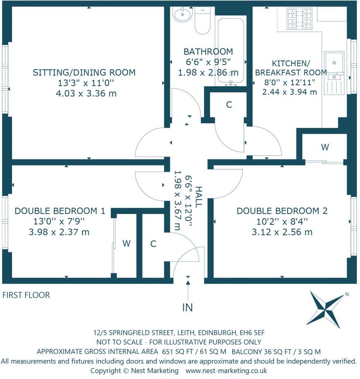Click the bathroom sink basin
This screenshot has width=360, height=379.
pyautogui.click(x=182, y=14)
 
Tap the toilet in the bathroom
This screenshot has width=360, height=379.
pyautogui.click(x=202, y=21)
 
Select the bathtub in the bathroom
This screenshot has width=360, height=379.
pyautogui.click(x=231, y=51)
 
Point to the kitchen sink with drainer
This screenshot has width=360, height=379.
pyautogui.click(x=334, y=73)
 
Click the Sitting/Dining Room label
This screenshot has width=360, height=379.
pyautogui.click(x=84, y=72)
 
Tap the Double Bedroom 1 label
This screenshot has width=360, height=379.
pyautogui.click(x=60, y=211)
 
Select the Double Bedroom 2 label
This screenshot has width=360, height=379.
pyautogui.click(x=282, y=211)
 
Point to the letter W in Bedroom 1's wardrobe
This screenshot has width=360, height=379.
pyautogui.click(x=127, y=243)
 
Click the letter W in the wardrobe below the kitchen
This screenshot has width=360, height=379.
pyautogui.click(x=325, y=147)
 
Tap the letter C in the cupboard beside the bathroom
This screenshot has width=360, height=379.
pyautogui.click(x=229, y=105)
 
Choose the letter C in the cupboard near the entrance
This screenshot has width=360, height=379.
pyautogui.click(x=153, y=244)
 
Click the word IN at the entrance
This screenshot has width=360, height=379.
pyautogui.click(x=188, y=307)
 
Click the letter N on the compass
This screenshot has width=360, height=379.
pyautogui.click(x=347, y=294)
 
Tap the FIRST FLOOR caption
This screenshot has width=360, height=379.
pyautogui.click(x=26, y=295)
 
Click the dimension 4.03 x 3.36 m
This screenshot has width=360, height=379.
pyautogui.click(x=86, y=93)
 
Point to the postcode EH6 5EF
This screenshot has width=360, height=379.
pyautogui.click(x=252, y=333)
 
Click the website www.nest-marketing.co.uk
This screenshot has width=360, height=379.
pyautogui.click(x=226, y=370)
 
